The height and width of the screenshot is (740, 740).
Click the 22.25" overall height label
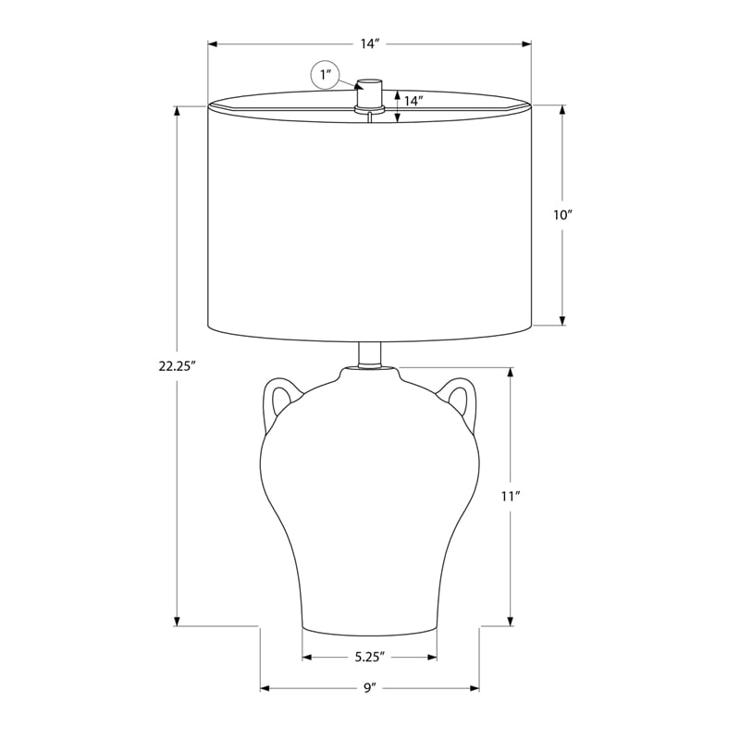[x=177, y=366]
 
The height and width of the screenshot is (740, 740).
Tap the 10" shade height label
[x=562, y=216]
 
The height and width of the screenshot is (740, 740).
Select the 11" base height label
[x=511, y=496]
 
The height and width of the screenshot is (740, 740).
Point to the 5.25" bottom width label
[x=370, y=657]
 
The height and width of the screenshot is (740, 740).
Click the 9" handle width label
[x=369, y=688]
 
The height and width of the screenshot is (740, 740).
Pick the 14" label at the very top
[x=371, y=43]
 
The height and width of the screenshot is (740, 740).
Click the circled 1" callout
[x=326, y=75]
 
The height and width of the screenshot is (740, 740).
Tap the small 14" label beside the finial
[x=413, y=101]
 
